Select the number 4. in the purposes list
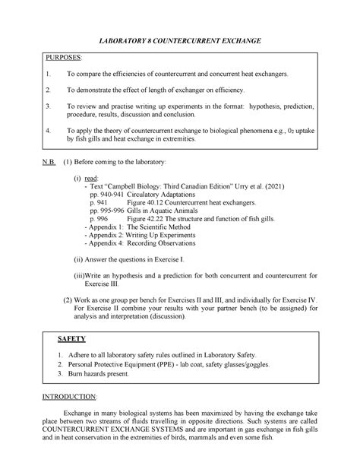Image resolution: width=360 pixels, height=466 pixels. tap(47, 131)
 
